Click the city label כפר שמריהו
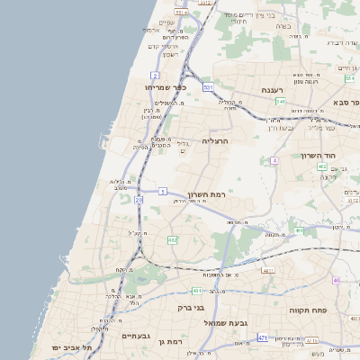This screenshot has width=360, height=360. pos(165,86)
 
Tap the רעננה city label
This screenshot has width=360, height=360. pos(272,90)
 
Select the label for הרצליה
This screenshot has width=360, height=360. pos(216,141)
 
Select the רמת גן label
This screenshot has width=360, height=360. pos(168,341)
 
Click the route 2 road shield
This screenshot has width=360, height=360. pos(156,76)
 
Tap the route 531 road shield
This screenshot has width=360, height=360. pos(208,87)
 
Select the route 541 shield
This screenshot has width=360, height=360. pos(281,102)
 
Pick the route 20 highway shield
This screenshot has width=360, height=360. pos(139,200)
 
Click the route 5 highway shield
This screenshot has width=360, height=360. pos(162,191)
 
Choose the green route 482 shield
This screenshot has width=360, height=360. pos(172,239)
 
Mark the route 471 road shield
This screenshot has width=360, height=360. pos(263,337)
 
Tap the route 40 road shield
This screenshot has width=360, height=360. pos(336,280)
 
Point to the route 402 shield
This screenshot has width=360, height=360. pos(321,166)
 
